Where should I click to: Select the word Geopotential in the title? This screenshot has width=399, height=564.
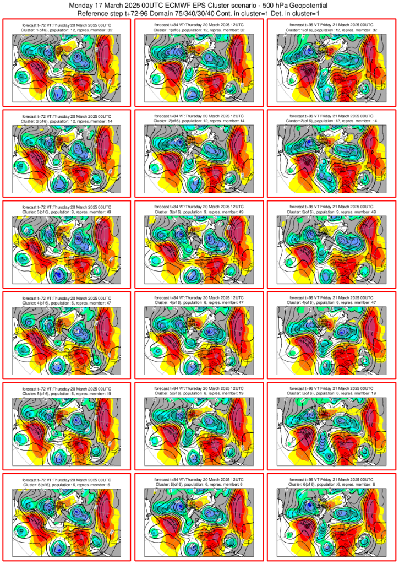point(308,5)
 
